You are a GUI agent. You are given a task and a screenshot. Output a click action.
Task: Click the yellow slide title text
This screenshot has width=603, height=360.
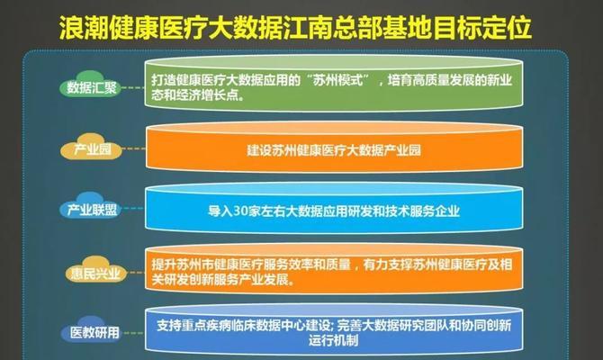click(x=295, y=28)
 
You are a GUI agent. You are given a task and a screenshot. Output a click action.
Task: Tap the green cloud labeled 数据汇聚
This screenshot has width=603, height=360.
click(x=91, y=84)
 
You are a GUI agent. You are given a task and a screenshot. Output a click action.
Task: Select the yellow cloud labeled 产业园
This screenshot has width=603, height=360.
click(x=92, y=147)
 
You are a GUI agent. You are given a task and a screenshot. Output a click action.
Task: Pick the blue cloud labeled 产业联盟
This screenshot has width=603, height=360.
click(x=91, y=206)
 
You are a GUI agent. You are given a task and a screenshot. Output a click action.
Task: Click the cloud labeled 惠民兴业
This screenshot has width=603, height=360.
click(x=95, y=269)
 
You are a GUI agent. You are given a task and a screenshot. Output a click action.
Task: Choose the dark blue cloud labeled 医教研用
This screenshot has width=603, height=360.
click(x=93, y=329)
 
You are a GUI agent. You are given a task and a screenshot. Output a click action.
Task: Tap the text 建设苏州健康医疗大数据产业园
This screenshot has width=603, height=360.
click(x=334, y=150)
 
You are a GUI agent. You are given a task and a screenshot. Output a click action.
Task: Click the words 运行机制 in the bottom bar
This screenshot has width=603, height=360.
click(x=333, y=340)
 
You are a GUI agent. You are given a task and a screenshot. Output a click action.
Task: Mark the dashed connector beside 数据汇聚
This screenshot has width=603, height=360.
click(x=133, y=87)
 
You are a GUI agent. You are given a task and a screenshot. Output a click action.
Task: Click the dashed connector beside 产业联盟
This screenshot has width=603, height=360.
click(x=133, y=209)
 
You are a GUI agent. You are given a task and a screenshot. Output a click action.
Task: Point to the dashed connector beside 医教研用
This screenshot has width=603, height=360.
click(x=133, y=333)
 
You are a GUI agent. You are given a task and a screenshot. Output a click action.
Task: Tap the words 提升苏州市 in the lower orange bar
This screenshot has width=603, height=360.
click(x=183, y=265)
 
